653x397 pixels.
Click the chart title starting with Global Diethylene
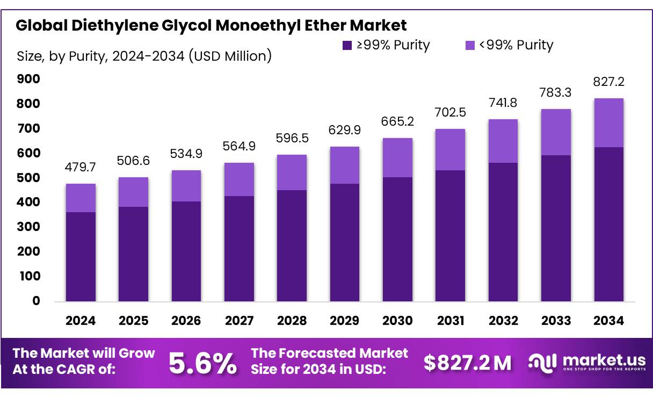click(x=211, y=25)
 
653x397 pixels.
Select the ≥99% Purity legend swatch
click(x=347, y=45)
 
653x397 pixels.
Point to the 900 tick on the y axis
click(x=29, y=80)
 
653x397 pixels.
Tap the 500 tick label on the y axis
click(x=29, y=178)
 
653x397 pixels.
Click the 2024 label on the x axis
click(x=81, y=321)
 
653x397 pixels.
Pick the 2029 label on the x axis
click(x=344, y=321)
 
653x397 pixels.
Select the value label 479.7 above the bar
click(x=81, y=168)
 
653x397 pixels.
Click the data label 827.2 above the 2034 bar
click(x=609, y=82)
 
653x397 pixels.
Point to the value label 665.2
click(x=397, y=122)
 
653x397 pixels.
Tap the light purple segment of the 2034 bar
click(x=608, y=122)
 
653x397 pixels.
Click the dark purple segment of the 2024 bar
click(x=81, y=256)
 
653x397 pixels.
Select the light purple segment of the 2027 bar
click(x=239, y=179)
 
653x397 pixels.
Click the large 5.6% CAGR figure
click(x=202, y=364)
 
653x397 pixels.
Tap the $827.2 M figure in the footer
click(x=467, y=364)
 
